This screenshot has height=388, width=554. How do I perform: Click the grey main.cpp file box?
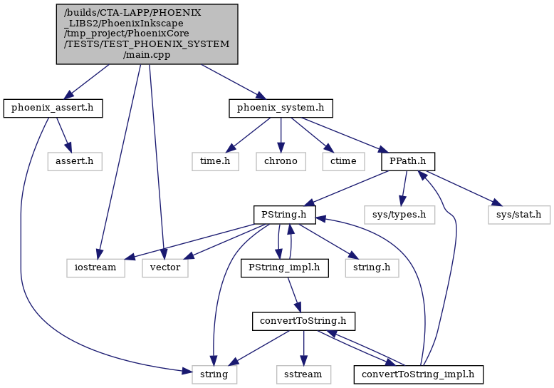coord(147,34)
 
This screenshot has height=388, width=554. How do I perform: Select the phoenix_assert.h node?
coord(53,108)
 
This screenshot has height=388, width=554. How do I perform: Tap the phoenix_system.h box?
coord(281,108)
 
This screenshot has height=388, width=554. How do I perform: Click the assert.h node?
coord(75,161)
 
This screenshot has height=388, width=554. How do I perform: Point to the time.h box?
coord(215,161)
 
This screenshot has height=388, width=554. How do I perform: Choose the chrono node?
coord(281,161)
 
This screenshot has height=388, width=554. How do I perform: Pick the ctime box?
coord(343,161)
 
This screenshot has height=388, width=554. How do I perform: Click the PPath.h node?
coord(408,161)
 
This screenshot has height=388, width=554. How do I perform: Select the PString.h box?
coord(284,215)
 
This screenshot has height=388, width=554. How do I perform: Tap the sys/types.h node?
coord(399,215)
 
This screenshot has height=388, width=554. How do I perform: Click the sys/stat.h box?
coord(519,215)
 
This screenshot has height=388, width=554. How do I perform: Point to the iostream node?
coord(95,268)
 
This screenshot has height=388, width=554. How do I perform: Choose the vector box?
coord(165,268)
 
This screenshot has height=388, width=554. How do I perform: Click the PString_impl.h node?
coord(284,268)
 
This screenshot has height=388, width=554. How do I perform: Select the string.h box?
coord(372,268)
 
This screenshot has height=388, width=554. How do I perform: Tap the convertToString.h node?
coord(303,322)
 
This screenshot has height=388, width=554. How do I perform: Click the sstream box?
coord(303,374)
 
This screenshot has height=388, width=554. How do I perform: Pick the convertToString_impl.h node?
coord(418,374)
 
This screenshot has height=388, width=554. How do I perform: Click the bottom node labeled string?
coord(214,374)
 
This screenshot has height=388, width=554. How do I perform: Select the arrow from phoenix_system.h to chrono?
coord(281,135)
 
